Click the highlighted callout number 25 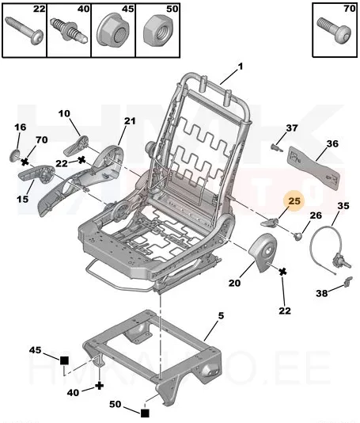(294, 201)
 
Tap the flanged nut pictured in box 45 (113, 32)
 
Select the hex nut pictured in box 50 (157, 31)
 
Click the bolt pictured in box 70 (335, 29)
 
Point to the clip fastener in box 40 (69, 29)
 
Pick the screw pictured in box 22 (25, 31)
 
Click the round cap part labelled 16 (14, 156)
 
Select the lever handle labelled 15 (36, 174)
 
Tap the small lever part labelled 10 (76, 146)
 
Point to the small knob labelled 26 (297, 236)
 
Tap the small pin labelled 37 (276, 147)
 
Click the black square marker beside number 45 (64, 360)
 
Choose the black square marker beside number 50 (145, 413)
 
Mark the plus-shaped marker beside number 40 (100, 386)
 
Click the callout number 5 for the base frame (221, 315)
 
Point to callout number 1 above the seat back (241, 66)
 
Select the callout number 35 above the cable (343, 206)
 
